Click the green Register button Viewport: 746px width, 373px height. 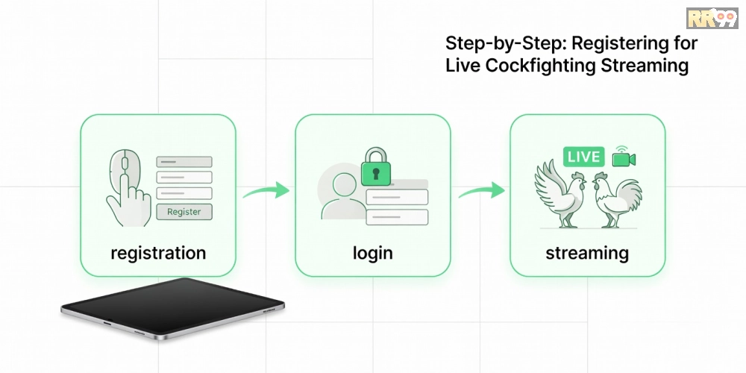(184, 212)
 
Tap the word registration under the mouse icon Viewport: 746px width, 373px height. (158, 253)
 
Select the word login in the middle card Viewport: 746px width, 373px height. (372, 253)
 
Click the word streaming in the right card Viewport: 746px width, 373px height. (587, 253)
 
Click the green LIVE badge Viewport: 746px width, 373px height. (583, 157)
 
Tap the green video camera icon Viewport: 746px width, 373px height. (624, 157)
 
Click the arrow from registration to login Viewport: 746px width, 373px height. (266, 191)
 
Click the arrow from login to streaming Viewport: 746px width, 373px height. (481, 191)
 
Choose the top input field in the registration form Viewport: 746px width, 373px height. (184, 162)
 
